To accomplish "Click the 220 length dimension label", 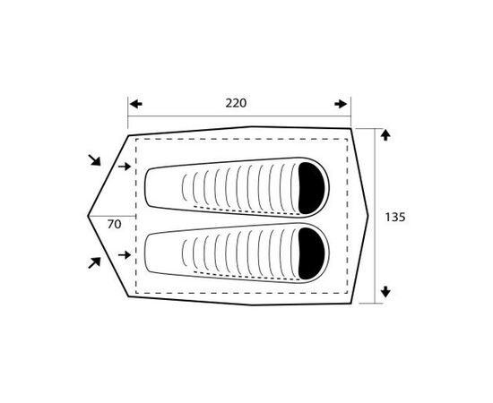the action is point(236,103).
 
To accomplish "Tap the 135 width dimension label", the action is point(395,217).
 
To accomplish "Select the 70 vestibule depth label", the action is point(114,224).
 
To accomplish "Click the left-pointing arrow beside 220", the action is point(136,104).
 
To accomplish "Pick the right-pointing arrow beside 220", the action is point(341,104).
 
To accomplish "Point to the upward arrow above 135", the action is point(385,135).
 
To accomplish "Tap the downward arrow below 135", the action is point(385,292).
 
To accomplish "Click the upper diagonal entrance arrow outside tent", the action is point(94,160).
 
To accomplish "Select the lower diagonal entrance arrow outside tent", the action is point(94,262).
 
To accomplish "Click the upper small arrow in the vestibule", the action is point(125,167).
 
